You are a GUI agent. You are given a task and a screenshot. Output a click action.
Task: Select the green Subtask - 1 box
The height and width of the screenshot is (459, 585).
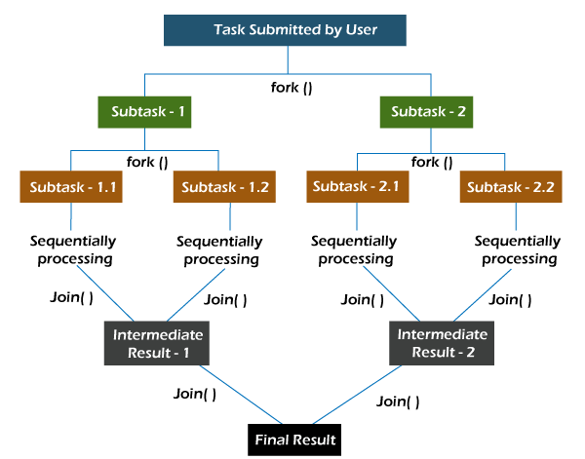click(x=145, y=112)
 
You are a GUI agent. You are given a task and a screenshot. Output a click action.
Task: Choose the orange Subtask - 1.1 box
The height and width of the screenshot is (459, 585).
click(x=70, y=186)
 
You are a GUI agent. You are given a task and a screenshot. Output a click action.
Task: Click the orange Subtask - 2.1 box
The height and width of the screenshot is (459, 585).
click(x=355, y=185)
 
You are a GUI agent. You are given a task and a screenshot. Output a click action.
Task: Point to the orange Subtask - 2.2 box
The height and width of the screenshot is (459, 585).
click(x=509, y=186)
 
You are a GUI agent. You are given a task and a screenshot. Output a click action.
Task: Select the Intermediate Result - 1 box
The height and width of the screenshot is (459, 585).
click(x=157, y=343)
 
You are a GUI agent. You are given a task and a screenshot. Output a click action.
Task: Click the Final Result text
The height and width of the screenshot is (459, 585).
click(x=295, y=440)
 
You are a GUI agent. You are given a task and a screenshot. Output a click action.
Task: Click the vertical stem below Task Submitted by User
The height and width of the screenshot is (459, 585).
click(x=289, y=58)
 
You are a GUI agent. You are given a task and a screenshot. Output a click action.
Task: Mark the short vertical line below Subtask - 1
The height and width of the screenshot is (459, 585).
click(x=145, y=138)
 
